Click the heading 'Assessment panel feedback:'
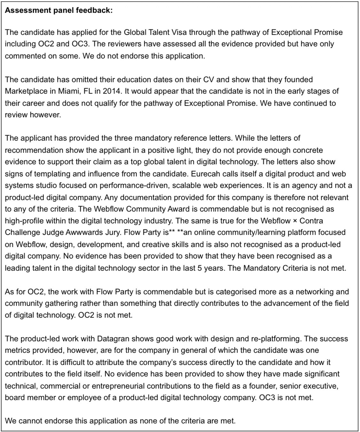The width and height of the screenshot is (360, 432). point(59,10)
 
